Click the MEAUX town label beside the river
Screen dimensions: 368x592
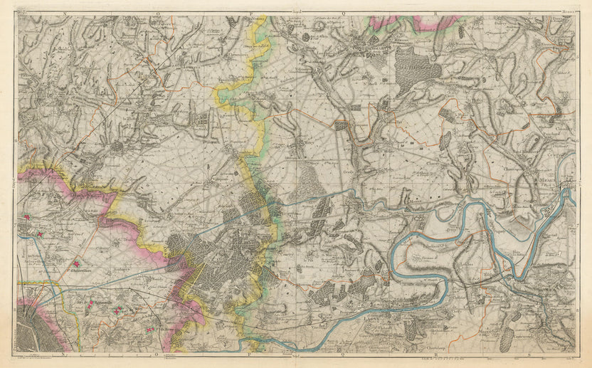click(544, 181)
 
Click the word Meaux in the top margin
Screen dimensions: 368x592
click(566, 12)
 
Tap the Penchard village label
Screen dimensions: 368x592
click(553, 133)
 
